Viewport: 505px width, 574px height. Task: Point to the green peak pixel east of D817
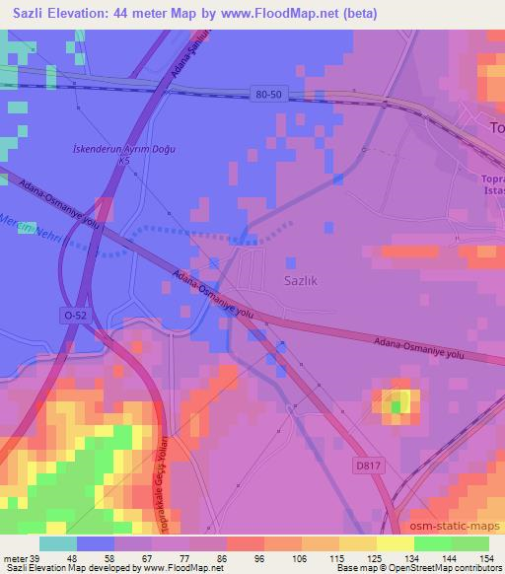[x=397, y=404]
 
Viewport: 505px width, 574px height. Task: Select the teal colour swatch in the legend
[x=58, y=543]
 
